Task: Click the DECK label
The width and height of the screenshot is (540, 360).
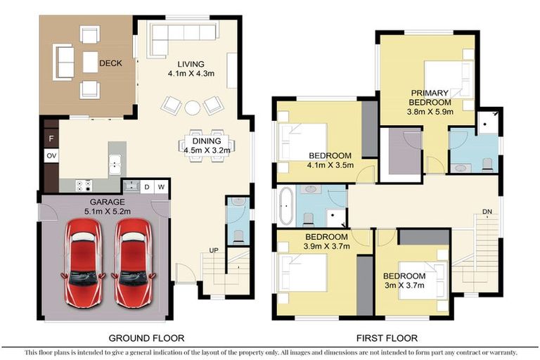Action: click(x=110, y=63)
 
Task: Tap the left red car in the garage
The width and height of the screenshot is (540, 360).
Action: click(x=83, y=263)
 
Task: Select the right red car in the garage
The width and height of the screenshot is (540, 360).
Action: click(x=134, y=263)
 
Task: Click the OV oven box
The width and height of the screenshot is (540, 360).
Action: click(x=51, y=155)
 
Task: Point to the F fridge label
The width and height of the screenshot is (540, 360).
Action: click(x=51, y=139)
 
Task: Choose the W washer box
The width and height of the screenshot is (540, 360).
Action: click(x=161, y=187)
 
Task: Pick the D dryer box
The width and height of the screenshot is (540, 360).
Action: click(x=147, y=187)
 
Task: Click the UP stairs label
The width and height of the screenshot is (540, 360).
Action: click(x=214, y=250)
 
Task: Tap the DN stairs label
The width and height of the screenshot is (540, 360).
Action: click(x=487, y=211)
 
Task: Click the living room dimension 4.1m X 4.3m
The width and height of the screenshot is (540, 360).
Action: click(x=191, y=73)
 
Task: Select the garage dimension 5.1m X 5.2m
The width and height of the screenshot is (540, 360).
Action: click(x=108, y=212)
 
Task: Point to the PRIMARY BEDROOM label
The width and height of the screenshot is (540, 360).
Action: click(x=430, y=98)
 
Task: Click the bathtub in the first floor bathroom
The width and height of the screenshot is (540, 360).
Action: click(x=286, y=206)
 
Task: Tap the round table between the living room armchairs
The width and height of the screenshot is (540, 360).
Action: click(x=193, y=108)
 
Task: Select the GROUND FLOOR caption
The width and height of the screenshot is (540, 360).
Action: click(x=146, y=338)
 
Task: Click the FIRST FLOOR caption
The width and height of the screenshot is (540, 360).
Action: click(x=387, y=338)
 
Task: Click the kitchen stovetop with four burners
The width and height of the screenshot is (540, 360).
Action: click(x=84, y=186)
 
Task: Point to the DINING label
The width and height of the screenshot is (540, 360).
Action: click(x=207, y=141)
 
